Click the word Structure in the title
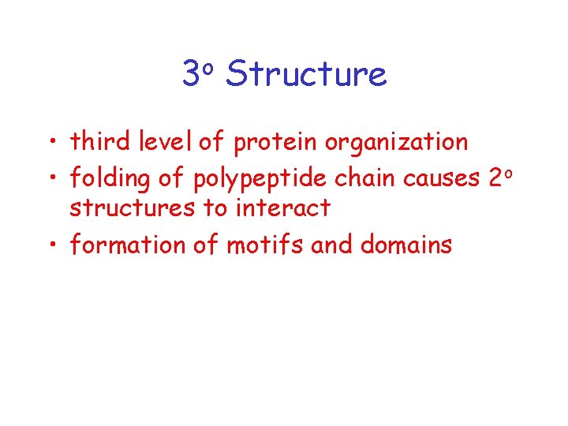point(305,75)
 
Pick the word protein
point(271,144)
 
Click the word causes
point(441,180)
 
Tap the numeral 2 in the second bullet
point(495,179)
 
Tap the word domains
point(405,245)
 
